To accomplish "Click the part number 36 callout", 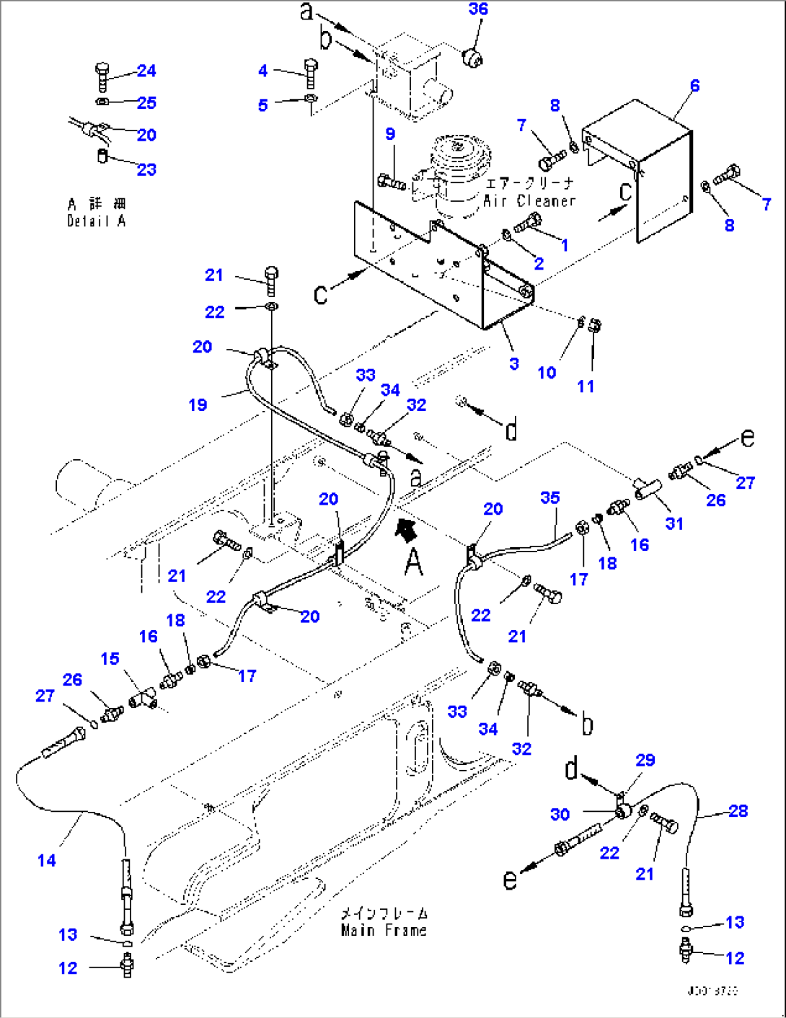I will point(478,9).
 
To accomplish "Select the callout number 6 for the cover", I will point(694,86).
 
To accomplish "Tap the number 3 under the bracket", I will point(513,364).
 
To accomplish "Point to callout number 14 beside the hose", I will point(47,860).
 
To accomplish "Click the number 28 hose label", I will point(738,811).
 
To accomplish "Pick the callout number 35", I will point(549,498).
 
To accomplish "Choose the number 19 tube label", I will point(198,405).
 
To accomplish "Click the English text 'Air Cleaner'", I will point(529,202).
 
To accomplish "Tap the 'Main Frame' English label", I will point(384,931).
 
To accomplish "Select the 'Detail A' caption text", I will point(96,221).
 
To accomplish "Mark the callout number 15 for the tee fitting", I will point(110,659).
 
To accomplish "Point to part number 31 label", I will point(674,523).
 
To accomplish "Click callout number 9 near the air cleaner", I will point(390,134).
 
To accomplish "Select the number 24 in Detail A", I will point(146,71).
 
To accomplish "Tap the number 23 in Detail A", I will point(146,169).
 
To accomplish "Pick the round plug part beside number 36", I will point(473,57).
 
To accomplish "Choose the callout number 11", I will point(586,386).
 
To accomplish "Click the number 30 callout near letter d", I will point(560,815).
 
